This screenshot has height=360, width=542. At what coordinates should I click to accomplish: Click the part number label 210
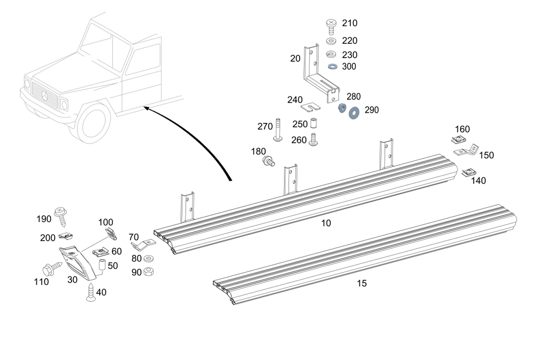(350, 23)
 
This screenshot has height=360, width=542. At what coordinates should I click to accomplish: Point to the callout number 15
(362, 283)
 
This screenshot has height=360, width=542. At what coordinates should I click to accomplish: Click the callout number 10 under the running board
(326, 223)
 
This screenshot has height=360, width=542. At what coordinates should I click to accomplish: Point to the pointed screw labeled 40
(91, 291)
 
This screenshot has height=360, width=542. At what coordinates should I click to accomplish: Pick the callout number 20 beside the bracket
(295, 59)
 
